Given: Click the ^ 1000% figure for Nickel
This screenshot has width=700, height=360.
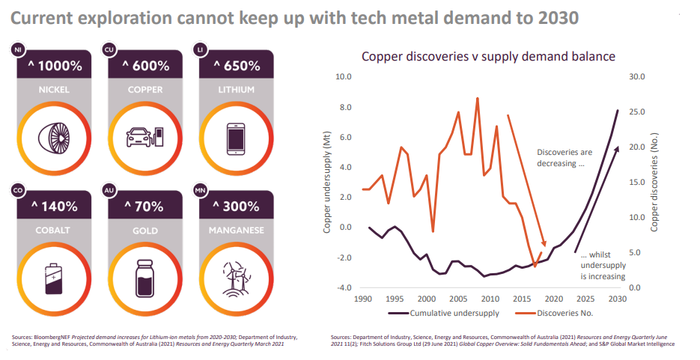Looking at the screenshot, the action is pos(55,67).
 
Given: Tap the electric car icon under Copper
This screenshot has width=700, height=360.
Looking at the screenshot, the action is pos(145,137).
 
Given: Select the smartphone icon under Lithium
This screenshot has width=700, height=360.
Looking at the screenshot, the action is pos(236,138).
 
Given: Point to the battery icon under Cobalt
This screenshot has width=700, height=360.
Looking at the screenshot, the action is pos(54,278).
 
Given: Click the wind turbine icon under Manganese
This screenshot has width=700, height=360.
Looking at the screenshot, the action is pos(236,279).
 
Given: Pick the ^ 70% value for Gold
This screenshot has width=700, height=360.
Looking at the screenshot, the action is pos(144,207).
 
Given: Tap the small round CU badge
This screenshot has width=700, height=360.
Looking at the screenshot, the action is pos(109,50).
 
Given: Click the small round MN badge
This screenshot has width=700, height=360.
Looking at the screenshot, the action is pos(200,191).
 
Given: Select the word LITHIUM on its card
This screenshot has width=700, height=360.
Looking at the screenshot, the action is pos(236,90).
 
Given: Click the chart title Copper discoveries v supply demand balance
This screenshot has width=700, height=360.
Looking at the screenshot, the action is pos(488,57).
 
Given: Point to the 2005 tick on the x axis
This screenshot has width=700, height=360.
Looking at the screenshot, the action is pos(457,299).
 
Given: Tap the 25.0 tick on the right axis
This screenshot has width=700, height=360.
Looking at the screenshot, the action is pos(637,112).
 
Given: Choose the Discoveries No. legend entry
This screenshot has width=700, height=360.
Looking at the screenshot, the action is pos(554,313).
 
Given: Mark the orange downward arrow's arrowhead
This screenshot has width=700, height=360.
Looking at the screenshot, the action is pos(544,243).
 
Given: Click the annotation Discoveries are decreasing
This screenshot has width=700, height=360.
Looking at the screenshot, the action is pos(564,158).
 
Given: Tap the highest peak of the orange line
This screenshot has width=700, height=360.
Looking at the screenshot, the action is pos(477,98).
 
